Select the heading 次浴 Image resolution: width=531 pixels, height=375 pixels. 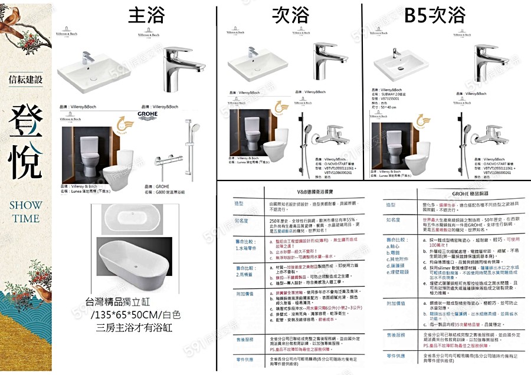[290, 15]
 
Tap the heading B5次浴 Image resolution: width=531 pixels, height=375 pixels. [434, 15]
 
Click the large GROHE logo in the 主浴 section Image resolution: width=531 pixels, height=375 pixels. [147, 114]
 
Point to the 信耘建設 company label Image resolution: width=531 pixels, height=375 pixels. [26, 79]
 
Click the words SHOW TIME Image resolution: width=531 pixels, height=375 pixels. [25, 211]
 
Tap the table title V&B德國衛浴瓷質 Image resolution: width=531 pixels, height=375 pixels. [301, 192]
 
